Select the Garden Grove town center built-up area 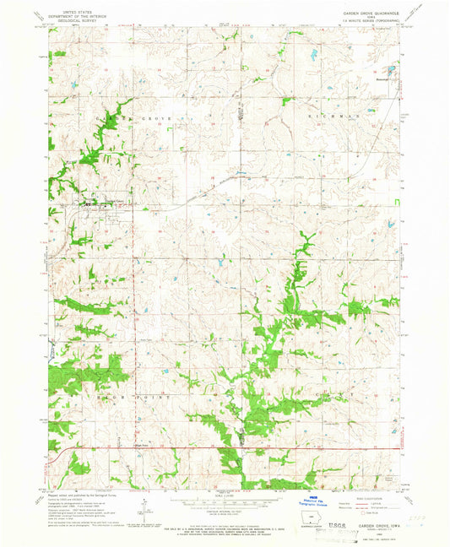point(93,203)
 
